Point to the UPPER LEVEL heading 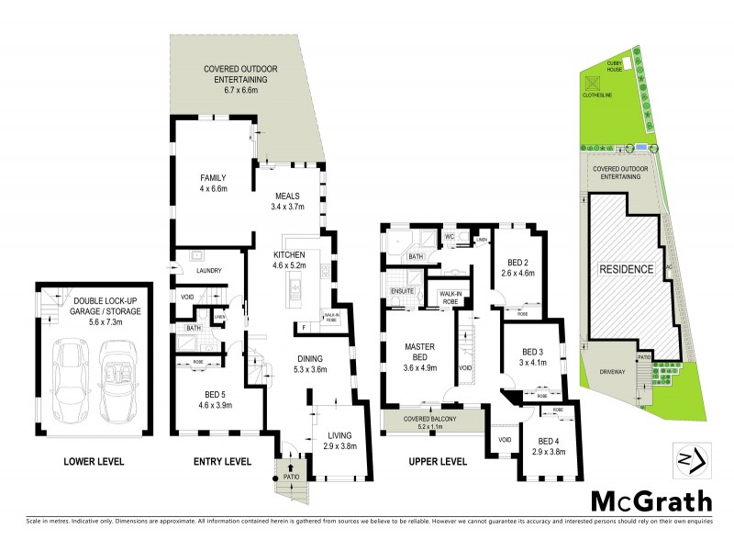[433, 461]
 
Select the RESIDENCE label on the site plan [627, 269]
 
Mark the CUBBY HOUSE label [614, 67]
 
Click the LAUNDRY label [211, 271]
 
